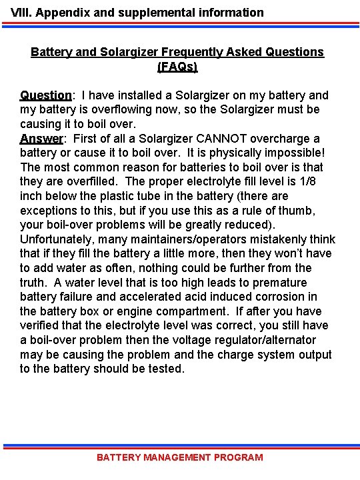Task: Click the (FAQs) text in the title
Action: click(x=177, y=67)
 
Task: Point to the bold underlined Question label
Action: click(x=45, y=95)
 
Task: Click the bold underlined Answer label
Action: click(x=41, y=139)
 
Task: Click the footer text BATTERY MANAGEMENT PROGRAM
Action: click(x=180, y=457)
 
